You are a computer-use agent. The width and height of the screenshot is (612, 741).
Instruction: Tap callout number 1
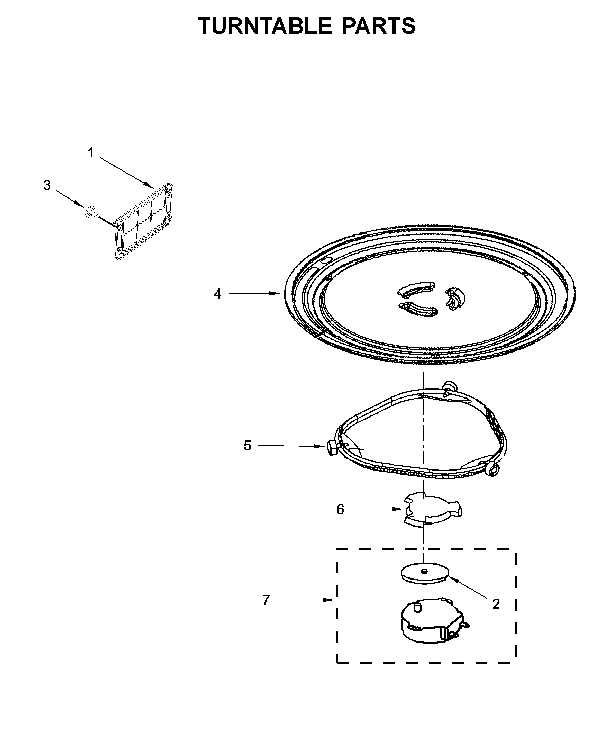pyautogui.click(x=90, y=153)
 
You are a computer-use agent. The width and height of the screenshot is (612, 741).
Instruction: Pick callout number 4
pyautogui.click(x=218, y=293)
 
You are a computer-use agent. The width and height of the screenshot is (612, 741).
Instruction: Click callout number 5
pyautogui.click(x=248, y=446)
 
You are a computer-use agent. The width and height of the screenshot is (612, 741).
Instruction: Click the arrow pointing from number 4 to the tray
pyautogui.click(x=254, y=293)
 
